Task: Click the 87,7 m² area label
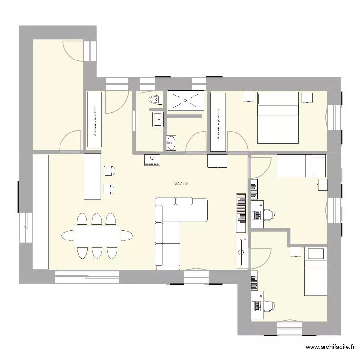181,183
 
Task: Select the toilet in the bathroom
156,100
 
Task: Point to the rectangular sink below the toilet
157,119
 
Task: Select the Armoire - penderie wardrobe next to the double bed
218,122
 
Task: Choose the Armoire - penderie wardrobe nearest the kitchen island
95,122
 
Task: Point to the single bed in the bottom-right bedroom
315,271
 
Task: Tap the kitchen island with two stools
93,176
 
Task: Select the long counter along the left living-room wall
40,211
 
